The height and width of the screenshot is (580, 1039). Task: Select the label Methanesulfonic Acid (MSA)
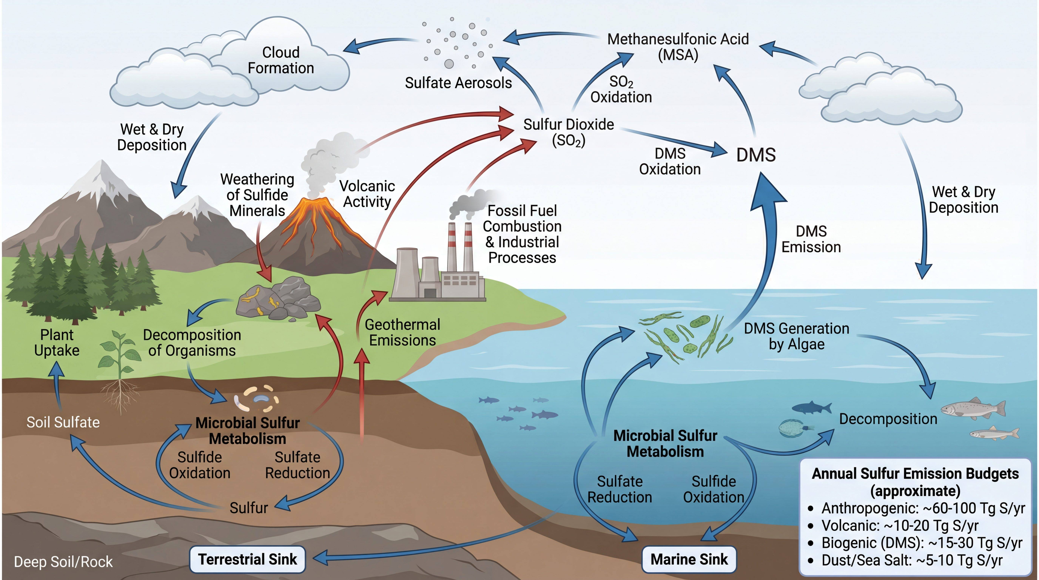tap(678, 47)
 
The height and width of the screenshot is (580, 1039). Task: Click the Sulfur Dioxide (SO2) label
tap(569, 132)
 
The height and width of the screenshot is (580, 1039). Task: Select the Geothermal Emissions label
tap(402, 332)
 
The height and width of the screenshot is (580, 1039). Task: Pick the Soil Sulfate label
tap(63, 422)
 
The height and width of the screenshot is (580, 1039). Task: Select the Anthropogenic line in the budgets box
tap(918, 508)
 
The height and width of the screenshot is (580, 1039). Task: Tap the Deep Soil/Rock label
tap(63, 562)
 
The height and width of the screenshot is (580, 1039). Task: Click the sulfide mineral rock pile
tap(278, 301)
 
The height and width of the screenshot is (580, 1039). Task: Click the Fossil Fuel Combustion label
tap(522, 234)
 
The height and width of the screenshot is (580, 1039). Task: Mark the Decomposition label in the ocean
tap(888, 419)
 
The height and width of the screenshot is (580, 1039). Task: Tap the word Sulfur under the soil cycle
tap(249, 508)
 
